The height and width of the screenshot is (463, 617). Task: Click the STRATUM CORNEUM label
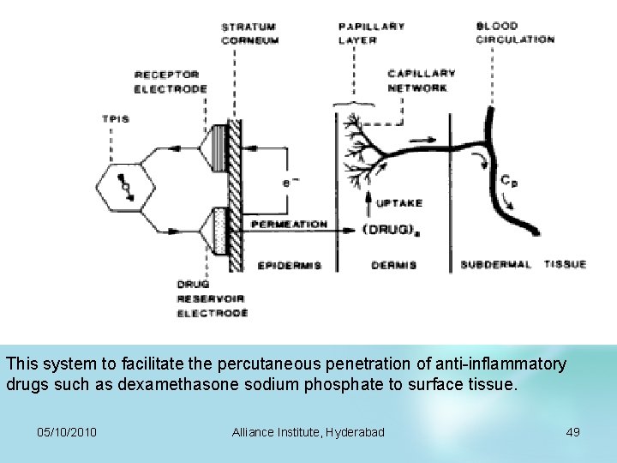[x=249, y=33]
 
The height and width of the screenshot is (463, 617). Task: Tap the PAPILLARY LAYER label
[x=371, y=33]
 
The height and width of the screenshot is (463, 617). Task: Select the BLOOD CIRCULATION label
[x=515, y=33]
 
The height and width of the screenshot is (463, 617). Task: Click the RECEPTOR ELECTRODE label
[x=171, y=82]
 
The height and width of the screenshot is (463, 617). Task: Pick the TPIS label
[x=116, y=119]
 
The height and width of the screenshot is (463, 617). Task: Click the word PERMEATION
[x=289, y=225]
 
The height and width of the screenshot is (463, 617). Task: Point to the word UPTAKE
[x=399, y=203]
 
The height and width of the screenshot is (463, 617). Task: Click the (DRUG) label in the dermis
[x=391, y=229]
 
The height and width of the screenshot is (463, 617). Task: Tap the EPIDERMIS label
[x=290, y=266]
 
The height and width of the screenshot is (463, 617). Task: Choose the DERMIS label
[x=394, y=266]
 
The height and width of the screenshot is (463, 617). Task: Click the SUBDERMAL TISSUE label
[x=523, y=265]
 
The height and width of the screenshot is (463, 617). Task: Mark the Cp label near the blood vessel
[x=509, y=182]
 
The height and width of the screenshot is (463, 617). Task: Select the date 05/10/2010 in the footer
[x=68, y=431]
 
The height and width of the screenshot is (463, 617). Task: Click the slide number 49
[x=573, y=431]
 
